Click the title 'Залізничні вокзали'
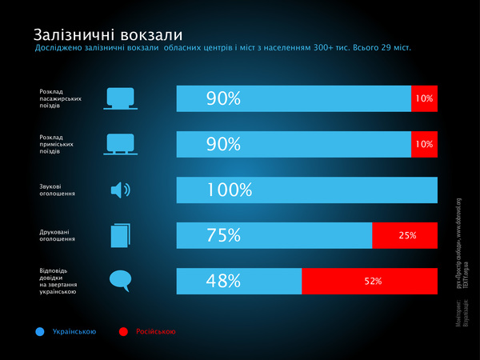107,35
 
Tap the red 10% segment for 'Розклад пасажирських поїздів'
424,98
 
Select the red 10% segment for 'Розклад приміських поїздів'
424,144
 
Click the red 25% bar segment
405,235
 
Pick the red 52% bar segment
370,281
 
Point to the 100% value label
229,190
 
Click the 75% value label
223,235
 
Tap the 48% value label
223,281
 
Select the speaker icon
119,190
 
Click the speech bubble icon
119,280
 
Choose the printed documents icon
119,235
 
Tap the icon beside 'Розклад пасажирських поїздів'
119,98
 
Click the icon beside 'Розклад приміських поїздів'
119,144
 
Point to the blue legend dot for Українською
40,330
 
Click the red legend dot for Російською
123,330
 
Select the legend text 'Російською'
155,331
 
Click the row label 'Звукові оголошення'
58,190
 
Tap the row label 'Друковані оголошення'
58,235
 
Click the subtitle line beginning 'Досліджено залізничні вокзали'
222,49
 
